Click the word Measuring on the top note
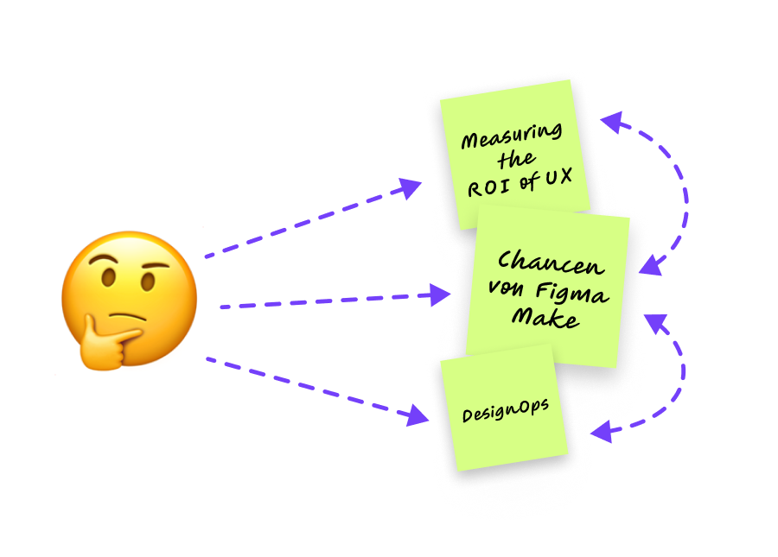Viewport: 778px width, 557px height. (511, 136)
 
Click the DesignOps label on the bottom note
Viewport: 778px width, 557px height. (505, 411)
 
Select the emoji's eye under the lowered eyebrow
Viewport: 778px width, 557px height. (147, 282)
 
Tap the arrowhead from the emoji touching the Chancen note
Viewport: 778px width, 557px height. (439, 296)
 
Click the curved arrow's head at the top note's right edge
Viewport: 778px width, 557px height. (610, 122)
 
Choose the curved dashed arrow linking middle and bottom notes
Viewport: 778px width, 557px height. (683, 371)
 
